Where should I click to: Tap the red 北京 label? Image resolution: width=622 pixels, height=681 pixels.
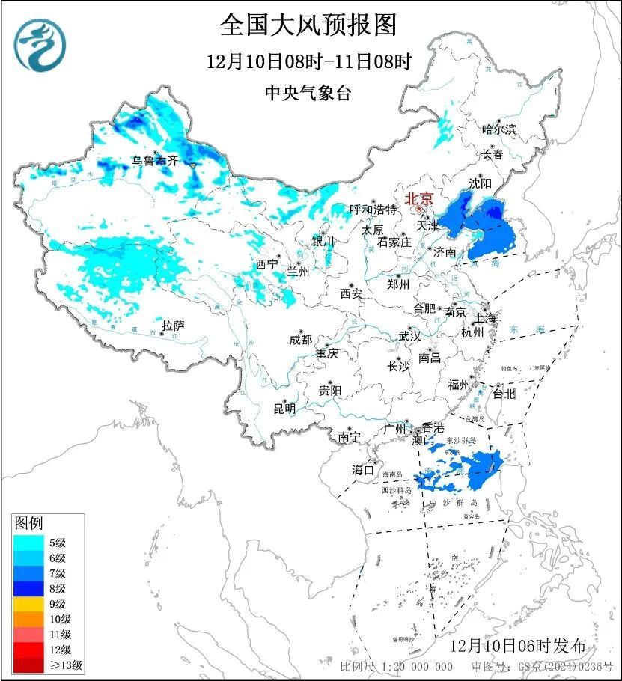click(x=419, y=198)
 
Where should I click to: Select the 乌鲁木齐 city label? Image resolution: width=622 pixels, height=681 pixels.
click(x=156, y=159)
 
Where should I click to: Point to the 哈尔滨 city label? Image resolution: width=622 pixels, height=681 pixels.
click(x=499, y=129)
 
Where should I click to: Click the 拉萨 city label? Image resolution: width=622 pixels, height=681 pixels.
click(x=173, y=325)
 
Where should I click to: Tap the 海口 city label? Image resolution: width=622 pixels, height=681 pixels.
click(x=364, y=470)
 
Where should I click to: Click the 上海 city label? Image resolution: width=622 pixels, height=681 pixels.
click(x=485, y=317)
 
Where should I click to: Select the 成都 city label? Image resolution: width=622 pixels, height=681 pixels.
click(x=300, y=339)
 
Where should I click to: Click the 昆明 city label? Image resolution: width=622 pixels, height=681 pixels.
click(x=284, y=409)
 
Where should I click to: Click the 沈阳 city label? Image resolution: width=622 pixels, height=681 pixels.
click(x=481, y=183)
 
